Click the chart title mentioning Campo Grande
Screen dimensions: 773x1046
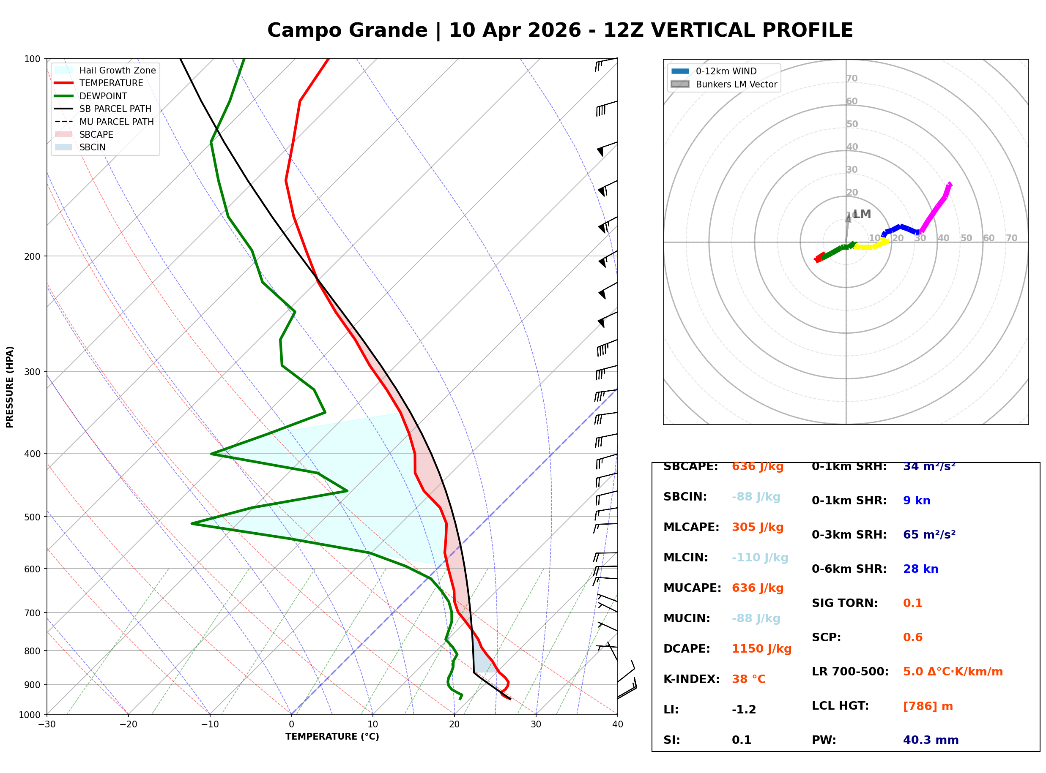[559, 30]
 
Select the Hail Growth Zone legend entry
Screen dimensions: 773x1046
[117, 70]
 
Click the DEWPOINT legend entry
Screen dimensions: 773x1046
[103, 96]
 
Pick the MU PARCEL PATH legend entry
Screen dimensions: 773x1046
[116, 122]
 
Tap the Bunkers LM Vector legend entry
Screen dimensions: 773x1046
[736, 84]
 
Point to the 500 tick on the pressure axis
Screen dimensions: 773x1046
[32, 517]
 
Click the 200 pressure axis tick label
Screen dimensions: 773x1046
[32, 256]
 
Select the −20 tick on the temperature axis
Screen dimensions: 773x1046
[128, 724]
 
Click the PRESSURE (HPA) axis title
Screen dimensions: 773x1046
[10, 386]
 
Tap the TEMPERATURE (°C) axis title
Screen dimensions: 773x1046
[332, 737]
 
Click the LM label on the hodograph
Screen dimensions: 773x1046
[862, 214]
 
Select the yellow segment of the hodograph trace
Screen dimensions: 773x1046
[871, 246]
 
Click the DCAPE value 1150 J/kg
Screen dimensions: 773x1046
[761, 648]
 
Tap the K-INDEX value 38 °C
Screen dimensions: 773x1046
[748, 679]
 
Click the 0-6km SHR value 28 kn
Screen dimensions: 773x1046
[920, 569]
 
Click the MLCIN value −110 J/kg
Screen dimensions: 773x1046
[759, 558]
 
